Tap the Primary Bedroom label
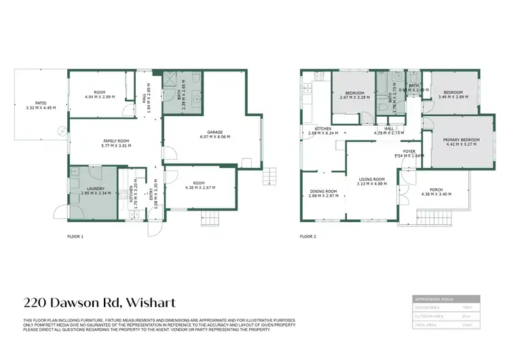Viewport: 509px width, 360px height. pos(461,141)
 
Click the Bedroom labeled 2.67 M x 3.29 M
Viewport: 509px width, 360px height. pos(355,95)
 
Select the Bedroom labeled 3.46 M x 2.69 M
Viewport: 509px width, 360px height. pos(453,94)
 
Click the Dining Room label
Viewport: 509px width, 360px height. pos(323,194)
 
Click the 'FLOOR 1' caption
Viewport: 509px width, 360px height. pos(75,237)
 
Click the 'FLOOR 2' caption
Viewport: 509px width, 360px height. pos(308,237)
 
